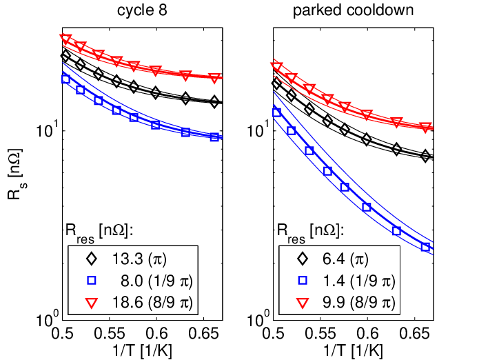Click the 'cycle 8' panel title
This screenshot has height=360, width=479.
[x=142, y=10]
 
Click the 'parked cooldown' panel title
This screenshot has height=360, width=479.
[x=353, y=10]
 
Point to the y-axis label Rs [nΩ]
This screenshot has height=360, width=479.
[x=15, y=174]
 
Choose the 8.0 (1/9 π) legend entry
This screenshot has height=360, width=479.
[x=140, y=281]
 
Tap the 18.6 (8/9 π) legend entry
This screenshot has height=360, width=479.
[x=140, y=302]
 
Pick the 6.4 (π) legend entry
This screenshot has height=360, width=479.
[x=333, y=259]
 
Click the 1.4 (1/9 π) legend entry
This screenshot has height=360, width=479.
[x=346, y=281]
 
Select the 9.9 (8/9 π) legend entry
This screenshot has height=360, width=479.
[x=346, y=302]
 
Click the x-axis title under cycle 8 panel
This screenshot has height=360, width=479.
[x=143, y=350]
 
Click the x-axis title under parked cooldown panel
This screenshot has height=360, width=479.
[x=353, y=350]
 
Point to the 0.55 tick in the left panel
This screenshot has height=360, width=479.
[x=109, y=333]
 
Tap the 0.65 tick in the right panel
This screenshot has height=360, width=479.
[x=414, y=333]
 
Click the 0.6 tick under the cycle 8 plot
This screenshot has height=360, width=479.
[x=156, y=333]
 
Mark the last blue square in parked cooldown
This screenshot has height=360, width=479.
[x=425, y=247]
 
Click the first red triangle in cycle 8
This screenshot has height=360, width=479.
[x=65, y=39]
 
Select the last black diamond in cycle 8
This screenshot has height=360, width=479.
[x=214, y=101]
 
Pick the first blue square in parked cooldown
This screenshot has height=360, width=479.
[x=276, y=112]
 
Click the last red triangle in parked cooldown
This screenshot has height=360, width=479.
[x=425, y=128]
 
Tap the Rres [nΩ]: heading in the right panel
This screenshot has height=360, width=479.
[x=311, y=231]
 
